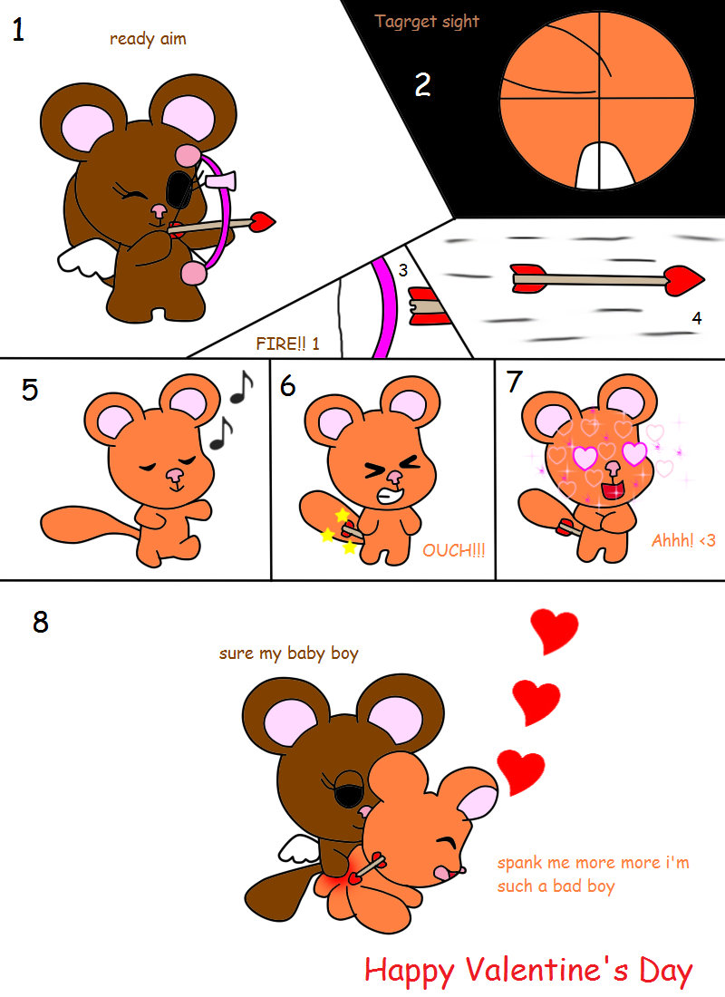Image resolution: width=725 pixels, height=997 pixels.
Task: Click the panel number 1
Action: [x=18, y=30]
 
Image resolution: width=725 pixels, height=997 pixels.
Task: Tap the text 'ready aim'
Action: [x=149, y=39]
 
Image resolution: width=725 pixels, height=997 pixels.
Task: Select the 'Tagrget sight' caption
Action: [x=427, y=22]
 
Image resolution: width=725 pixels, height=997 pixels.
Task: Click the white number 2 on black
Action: [x=423, y=84]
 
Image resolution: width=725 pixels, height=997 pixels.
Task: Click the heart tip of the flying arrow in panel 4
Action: [x=684, y=281]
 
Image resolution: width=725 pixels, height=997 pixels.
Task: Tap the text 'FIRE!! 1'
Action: [x=287, y=344]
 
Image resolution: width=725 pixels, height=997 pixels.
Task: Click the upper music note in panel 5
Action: [x=242, y=387]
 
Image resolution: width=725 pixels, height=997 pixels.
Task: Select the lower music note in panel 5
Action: [x=221, y=433]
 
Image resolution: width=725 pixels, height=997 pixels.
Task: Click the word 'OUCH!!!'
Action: [x=453, y=550]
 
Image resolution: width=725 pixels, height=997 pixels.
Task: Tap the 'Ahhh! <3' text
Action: [x=683, y=540]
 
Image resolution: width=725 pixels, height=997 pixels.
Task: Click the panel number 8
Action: [x=41, y=622]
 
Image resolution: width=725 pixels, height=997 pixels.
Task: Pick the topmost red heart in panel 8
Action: [x=555, y=631]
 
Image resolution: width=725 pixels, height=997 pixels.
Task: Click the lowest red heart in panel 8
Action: [x=521, y=771]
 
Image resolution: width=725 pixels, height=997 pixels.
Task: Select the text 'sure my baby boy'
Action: [x=289, y=653]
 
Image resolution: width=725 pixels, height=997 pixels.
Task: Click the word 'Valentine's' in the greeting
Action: [x=546, y=971]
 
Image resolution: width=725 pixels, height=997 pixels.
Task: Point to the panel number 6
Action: [x=287, y=385]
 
